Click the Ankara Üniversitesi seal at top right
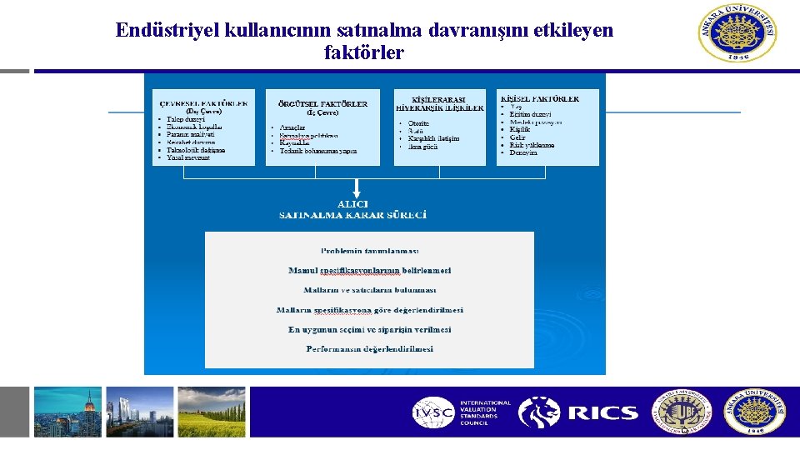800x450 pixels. [738, 35]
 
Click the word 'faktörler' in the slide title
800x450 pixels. [364, 52]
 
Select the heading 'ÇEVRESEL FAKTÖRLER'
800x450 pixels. [203, 104]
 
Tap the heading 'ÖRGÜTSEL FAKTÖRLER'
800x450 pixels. [322, 104]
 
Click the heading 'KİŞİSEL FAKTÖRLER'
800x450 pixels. [539, 98]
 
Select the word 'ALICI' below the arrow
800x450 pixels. [352, 204]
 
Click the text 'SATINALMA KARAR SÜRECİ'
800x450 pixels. [352, 215]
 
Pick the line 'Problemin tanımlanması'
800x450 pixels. [369, 251]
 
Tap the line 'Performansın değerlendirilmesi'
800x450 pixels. [369, 349]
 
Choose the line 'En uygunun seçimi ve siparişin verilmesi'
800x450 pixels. [369, 329]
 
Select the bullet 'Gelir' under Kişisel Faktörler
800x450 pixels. [518, 137]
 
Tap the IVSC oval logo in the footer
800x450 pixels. [434, 412]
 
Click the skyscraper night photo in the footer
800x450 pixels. [67, 412]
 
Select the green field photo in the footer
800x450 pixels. [212, 412]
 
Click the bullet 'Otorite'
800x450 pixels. [418, 123]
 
